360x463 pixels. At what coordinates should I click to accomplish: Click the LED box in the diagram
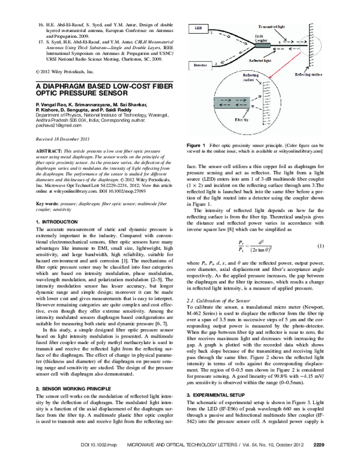point(199,28)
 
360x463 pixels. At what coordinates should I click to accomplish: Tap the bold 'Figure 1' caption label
point(196,146)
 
